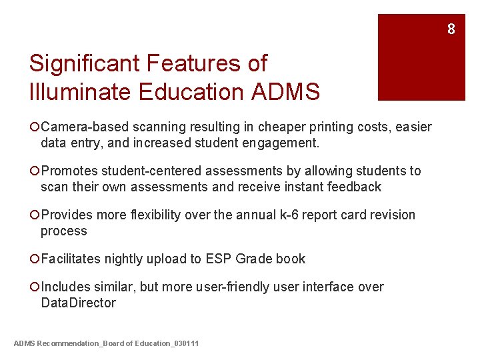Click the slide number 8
coord(451,29)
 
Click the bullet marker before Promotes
coord(35,171)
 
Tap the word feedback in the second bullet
coord(354,187)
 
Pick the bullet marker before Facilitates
coord(35,259)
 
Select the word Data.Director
coord(78,303)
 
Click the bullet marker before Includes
coord(35,287)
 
